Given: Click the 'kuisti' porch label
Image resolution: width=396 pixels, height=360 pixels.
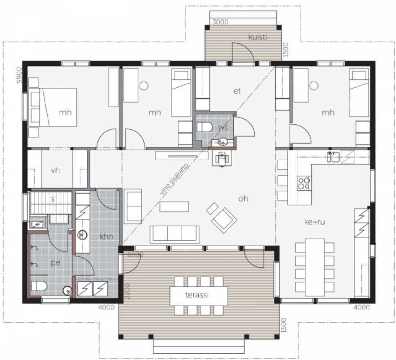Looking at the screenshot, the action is (x=258, y=37).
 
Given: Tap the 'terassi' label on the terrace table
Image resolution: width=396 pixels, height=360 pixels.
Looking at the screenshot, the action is (x=197, y=295).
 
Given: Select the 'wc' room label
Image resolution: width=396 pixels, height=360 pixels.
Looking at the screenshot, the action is (x=223, y=127).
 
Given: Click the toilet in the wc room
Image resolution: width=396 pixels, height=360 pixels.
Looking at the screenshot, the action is (x=205, y=127).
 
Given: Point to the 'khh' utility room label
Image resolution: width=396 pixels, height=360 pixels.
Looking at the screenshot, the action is (x=107, y=237).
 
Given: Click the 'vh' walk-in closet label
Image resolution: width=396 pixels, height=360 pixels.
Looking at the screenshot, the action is (x=55, y=170).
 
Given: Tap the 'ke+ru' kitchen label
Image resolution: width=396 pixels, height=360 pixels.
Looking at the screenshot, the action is (x=315, y=222).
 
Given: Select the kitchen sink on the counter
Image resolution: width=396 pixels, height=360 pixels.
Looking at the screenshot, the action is (x=334, y=157).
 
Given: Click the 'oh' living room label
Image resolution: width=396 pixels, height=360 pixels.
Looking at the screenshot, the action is (x=244, y=199).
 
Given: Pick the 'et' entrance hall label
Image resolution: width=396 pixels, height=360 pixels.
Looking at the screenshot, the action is (x=237, y=91).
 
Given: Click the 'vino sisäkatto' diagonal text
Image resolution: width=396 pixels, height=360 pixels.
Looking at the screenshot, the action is (x=174, y=179).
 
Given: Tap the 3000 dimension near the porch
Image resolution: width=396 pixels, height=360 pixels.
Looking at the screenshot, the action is (x=220, y=22).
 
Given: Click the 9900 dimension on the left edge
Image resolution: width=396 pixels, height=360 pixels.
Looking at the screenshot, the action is (x=19, y=75).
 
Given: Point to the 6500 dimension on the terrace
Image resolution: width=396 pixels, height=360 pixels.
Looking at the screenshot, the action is (x=135, y=254).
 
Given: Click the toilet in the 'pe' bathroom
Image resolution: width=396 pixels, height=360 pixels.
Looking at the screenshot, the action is (x=39, y=286).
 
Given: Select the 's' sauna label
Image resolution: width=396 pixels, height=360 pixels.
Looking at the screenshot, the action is (x=53, y=199).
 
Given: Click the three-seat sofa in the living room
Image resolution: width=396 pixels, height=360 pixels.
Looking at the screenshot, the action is (x=174, y=234).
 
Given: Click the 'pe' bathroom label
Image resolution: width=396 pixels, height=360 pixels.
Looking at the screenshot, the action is (x=56, y=263).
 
